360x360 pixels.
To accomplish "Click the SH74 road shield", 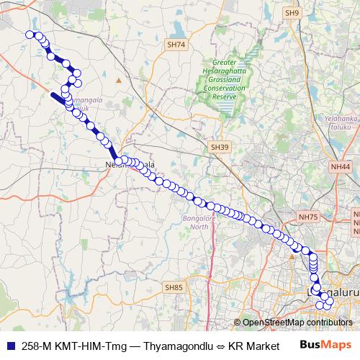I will (x=176, y=45).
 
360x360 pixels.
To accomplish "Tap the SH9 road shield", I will (x=292, y=13).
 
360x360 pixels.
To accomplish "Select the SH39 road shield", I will (x=220, y=147).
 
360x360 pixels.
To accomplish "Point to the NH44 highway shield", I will (x=341, y=166).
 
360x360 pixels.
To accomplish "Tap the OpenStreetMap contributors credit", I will (x=297, y=323).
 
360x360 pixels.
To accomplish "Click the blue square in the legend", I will (x=9, y=345).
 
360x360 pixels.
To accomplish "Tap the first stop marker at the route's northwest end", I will (x=30, y=34).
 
